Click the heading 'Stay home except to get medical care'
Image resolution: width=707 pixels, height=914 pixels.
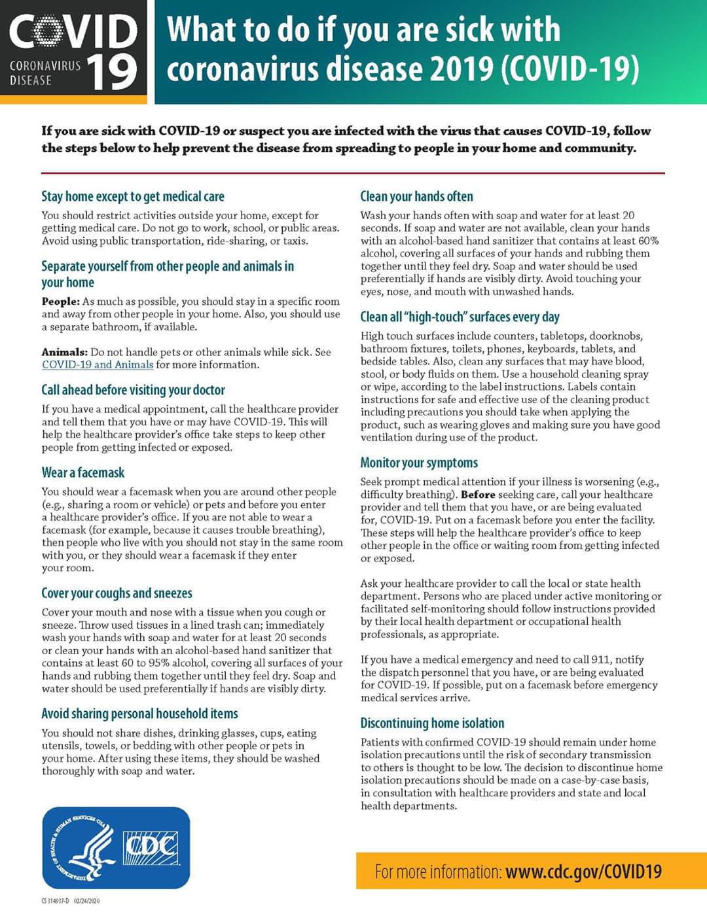(x=132, y=196)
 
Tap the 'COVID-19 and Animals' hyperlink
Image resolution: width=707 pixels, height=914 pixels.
(x=98, y=364)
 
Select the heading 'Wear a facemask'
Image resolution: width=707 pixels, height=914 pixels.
(x=82, y=472)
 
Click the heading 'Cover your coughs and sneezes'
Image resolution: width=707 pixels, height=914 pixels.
(x=117, y=593)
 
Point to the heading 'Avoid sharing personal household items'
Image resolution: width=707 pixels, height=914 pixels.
(x=139, y=714)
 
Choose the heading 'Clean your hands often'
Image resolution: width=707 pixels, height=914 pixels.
(x=416, y=196)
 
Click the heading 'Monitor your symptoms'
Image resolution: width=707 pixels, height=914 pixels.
(x=419, y=463)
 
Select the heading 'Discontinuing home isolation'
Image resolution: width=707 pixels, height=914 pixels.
(x=432, y=723)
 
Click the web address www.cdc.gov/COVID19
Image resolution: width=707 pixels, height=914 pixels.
(x=583, y=871)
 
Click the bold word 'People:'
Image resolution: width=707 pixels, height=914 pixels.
(x=60, y=302)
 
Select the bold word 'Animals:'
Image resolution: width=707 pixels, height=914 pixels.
(x=65, y=352)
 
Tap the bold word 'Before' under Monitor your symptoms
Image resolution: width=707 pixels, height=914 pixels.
(x=478, y=495)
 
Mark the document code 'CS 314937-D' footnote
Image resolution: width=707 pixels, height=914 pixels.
(x=56, y=901)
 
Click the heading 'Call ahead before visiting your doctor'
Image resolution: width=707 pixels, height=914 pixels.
(x=133, y=390)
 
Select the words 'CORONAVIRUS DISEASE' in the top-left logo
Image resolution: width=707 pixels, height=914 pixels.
(x=45, y=73)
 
